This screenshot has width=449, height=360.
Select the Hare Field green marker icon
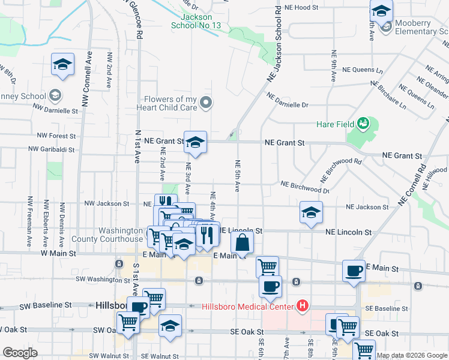pyautogui.click(x=362, y=124)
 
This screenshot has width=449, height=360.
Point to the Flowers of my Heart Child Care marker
pyautogui.click(x=206, y=103)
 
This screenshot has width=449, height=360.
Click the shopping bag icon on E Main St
pyautogui.click(x=242, y=243)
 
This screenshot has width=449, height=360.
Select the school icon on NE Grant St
pyautogui.click(x=195, y=142)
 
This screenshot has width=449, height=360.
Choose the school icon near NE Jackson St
pyautogui.click(x=310, y=212)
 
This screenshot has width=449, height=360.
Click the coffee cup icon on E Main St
pyautogui.click(x=354, y=271)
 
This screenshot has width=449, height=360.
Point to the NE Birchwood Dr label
pyautogui.click(x=305, y=187)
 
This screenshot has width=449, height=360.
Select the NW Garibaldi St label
pyautogui.click(x=51, y=149)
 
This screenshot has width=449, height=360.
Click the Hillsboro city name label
pyautogui.click(x=112, y=305)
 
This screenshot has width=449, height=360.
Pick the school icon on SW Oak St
pyautogui.click(x=170, y=325)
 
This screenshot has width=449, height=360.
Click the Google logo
pyautogui.click(x=20, y=353)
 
